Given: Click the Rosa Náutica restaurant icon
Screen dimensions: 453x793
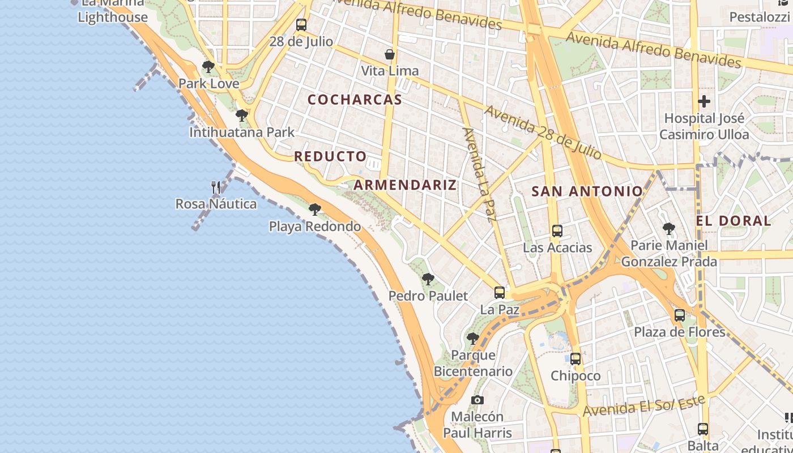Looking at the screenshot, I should coord(216,187).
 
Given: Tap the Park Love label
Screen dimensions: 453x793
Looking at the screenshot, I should coord(208,84).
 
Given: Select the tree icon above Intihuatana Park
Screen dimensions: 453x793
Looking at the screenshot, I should coord(242,116).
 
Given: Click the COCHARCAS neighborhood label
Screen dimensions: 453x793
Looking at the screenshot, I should coord(355,100).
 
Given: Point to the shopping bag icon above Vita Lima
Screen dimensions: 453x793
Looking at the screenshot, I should coord(390,54).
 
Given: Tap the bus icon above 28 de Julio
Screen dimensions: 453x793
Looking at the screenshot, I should coord(301,25).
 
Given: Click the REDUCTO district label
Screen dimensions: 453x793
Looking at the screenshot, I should coord(330,156).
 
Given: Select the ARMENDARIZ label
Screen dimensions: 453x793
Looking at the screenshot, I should coord(405,185).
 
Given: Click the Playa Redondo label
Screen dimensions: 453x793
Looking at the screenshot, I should coord(314,226).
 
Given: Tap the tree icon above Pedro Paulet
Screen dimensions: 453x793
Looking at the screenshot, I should coord(428,279).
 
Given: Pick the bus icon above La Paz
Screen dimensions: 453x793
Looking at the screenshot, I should coord(500,293).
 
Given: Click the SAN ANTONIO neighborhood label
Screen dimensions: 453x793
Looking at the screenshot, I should coord(587,191).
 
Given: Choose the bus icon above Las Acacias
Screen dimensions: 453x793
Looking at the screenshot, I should coord(557,231).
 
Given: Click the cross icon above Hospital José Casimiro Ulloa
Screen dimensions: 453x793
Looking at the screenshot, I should coord(704,102).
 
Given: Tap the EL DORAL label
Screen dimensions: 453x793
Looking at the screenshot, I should coord(734,221).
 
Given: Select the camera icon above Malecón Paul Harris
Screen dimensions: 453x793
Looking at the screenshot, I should coord(477,400).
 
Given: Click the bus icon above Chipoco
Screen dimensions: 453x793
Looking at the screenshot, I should coord(575,359).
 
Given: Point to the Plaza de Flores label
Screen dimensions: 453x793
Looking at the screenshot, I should coord(679,332).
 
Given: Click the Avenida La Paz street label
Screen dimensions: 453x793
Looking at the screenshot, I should coord(479,174).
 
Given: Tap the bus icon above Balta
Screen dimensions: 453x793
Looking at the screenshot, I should coord(703,429).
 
